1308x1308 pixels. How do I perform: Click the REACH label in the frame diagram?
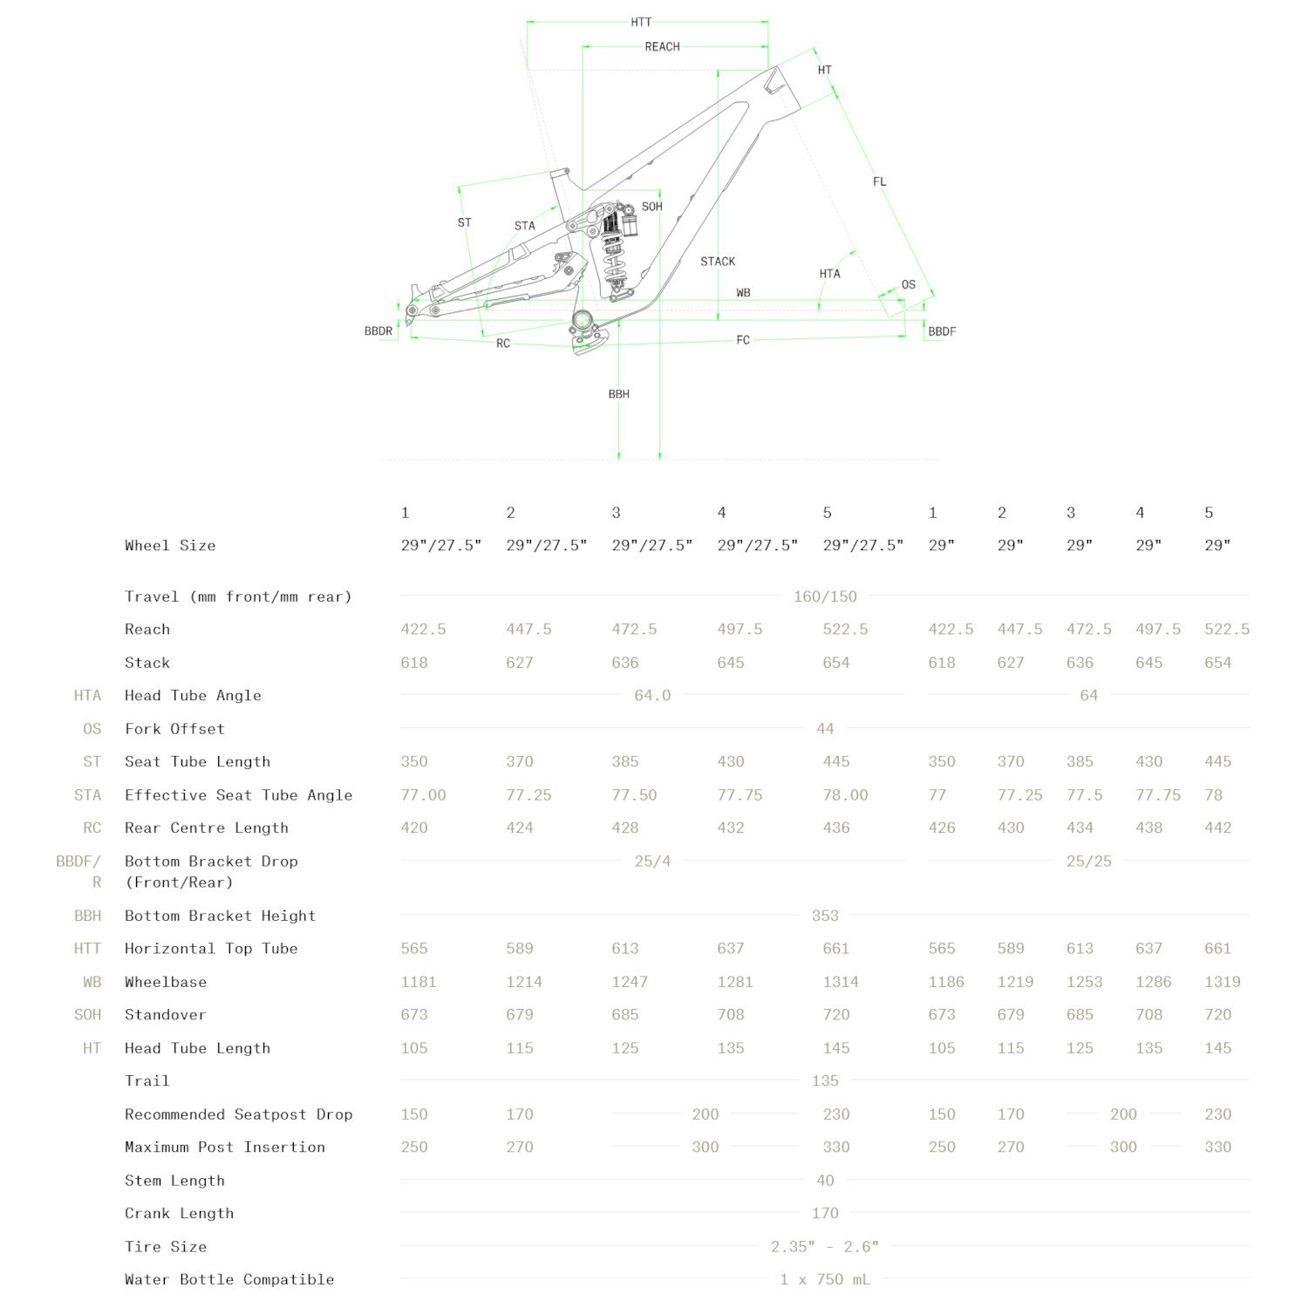pyautogui.click(x=662, y=47)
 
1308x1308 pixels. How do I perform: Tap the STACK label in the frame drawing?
pyautogui.click(x=718, y=262)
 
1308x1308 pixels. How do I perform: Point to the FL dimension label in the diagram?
pyautogui.click(x=879, y=182)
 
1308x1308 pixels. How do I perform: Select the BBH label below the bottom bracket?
pyautogui.click(x=618, y=394)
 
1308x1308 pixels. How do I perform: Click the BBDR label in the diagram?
pyautogui.click(x=378, y=331)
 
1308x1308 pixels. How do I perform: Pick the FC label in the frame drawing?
pyautogui.click(x=742, y=340)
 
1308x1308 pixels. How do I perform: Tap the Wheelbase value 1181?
pyautogui.click(x=419, y=982)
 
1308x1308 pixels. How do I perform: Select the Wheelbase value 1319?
pyautogui.click(x=1222, y=982)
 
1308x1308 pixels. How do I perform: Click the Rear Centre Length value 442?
pyautogui.click(x=1217, y=828)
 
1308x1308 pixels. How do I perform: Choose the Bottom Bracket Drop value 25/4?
pyautogui.click(x=652, y=862)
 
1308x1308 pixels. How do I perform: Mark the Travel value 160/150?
pyautogui.click(x=825, y=596)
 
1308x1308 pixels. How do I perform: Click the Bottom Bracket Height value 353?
pyautogui.click(x=825, y=916)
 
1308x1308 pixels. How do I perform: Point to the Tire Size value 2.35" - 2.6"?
pyautogui.click(x=825, y=1247)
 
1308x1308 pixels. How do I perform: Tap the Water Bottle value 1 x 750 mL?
pyautogui.click(x=825, y=1279)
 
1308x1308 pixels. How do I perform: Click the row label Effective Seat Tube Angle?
pyautogui.click(x=238, y=795)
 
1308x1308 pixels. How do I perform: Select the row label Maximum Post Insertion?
pyautogui.click(x=225, y=1148)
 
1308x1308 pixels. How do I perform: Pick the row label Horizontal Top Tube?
pyautogui.click(x=211, y=949)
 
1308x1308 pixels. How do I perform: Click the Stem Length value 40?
pyautogui.click(x=825, y=1181)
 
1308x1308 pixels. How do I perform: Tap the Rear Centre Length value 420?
pyautogui.click(x=414, y=828)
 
